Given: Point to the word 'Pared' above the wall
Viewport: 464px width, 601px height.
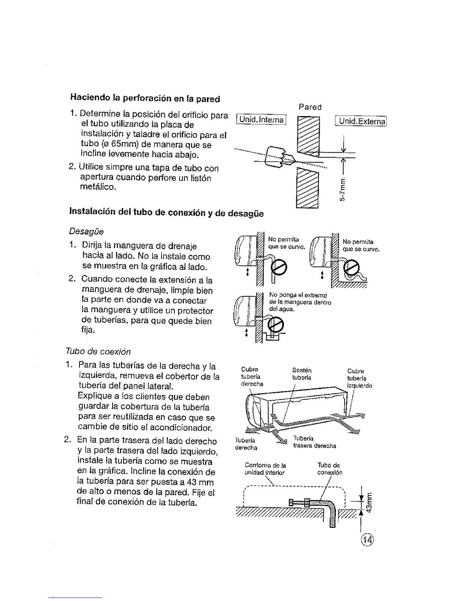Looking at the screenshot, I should coord(310,107).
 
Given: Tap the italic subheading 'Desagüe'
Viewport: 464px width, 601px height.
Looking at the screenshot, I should coord(86,231).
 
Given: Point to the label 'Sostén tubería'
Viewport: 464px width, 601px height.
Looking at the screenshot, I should coord(302,374).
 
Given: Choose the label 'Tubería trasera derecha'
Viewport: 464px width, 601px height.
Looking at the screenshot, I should coord(315,442).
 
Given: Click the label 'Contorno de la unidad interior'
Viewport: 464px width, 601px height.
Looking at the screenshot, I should coord(265,469).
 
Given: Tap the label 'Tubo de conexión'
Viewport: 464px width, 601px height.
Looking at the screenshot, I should coord(329,469).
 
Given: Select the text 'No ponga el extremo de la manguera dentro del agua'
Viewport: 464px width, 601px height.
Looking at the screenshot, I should coord(300,302).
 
